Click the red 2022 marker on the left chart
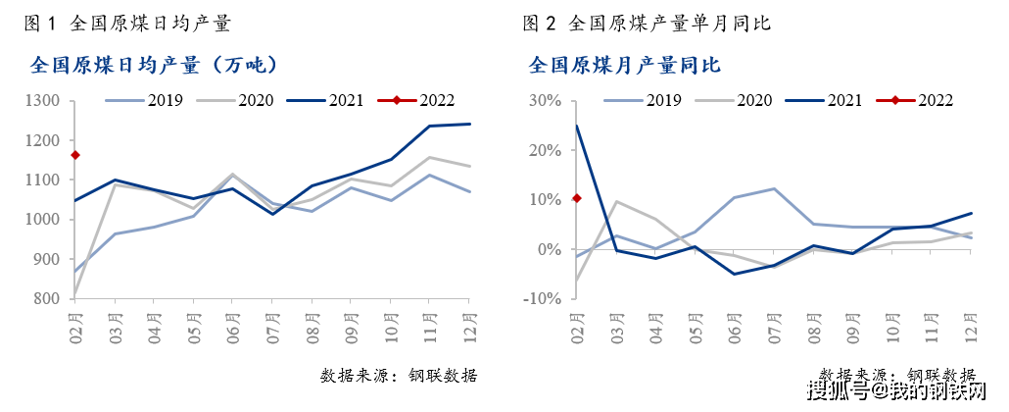pos(75,155)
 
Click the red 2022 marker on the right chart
pos(577,198)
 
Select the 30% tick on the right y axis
pos(546,101)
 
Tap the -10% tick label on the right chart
pos(543,298)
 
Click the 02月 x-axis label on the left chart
pos(75,324)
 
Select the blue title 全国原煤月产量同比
pos(625,66)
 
